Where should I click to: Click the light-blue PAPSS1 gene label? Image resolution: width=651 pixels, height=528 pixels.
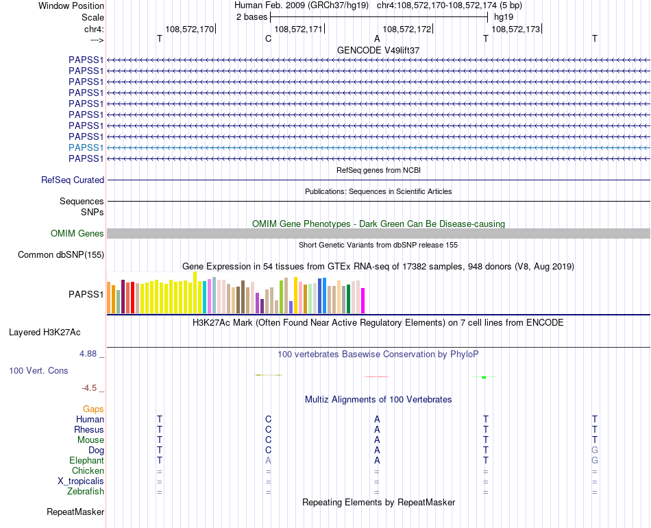(x=86, y=147)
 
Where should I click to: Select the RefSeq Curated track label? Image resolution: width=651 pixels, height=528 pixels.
(x=73, y=180)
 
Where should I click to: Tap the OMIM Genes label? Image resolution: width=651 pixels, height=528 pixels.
(x=77, y=234)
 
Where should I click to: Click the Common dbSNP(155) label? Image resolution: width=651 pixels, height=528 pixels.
(x=60, y=255)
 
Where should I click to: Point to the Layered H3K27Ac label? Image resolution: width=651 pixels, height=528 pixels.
(x=45, y=333)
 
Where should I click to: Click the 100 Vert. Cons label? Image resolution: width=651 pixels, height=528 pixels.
(x=38, y=371)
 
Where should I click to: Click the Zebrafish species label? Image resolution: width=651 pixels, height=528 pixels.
(x=86, y=492)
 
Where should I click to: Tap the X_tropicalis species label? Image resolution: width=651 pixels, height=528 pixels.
(x=81, y=481)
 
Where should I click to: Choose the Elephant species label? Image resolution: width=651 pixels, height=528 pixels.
(x=86, y=461)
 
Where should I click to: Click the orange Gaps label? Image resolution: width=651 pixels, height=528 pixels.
(x=93, y=409)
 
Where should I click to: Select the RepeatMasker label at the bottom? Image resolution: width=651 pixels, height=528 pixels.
(x=75, y=512)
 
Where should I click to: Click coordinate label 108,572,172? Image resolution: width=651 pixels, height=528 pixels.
(x=407, y=29)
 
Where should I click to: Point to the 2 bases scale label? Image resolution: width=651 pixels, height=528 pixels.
(x=251, y=16)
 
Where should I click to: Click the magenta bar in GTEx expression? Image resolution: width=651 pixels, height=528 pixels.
(x=363, y=300)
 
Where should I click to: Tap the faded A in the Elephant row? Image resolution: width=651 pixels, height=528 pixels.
(x=269, y=461)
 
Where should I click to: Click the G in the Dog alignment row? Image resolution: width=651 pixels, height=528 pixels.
(x=595, y=451)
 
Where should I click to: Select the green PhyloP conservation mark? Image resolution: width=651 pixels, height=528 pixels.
(x=484, y=377)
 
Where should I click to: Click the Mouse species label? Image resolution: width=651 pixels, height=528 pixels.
(x=89, y=440)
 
